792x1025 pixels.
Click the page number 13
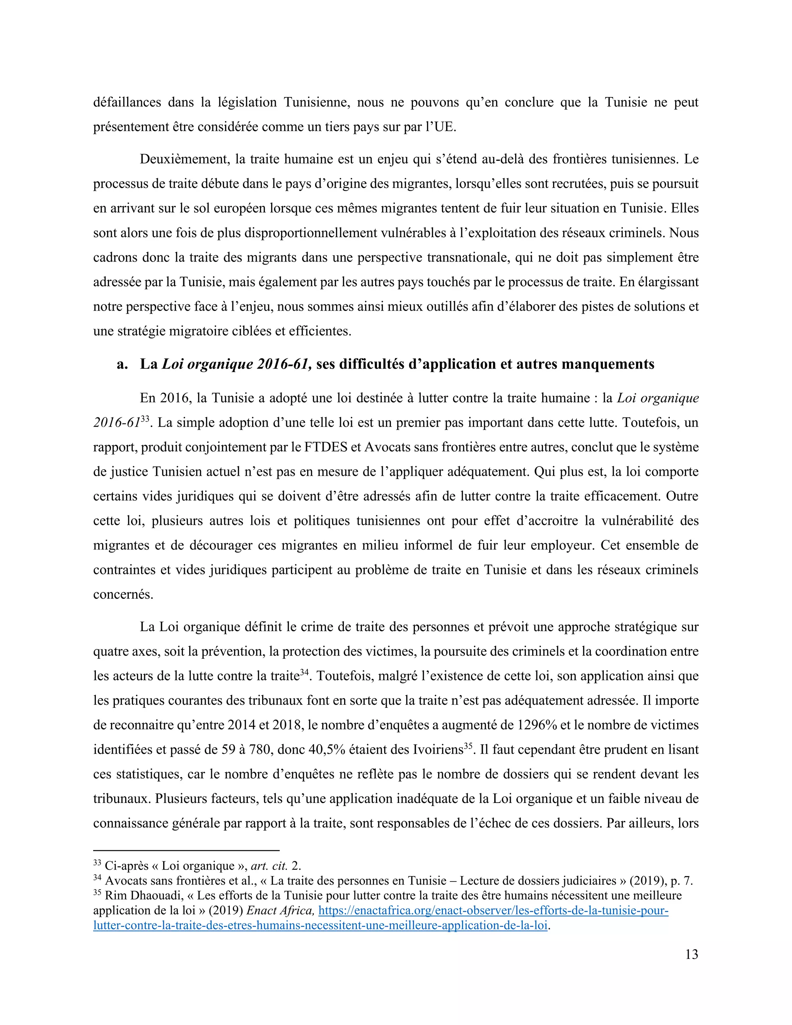(691, 954)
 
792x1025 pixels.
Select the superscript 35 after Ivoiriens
(468, 745)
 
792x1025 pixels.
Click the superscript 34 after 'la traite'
(304, 671)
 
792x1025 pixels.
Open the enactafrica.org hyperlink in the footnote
(493, 911)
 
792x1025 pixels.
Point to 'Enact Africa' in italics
(280, 911)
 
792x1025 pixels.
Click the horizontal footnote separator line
(186, 850)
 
